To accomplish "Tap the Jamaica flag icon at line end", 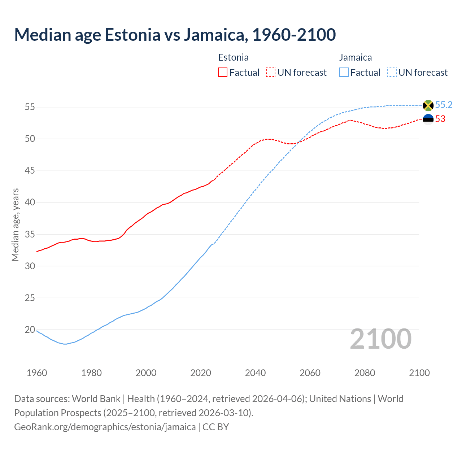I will (428, 105).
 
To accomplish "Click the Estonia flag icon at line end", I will (428, 119).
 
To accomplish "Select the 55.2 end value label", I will (444, 105).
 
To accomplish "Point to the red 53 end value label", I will (440, 119).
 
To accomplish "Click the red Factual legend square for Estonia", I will (223, 73).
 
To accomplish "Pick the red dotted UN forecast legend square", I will (271, 73).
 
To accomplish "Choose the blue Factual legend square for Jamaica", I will (344, 73).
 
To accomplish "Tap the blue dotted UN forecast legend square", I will (392, 73).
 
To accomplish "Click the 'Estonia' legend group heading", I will (233, 57).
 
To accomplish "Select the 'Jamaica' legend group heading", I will (356, 57).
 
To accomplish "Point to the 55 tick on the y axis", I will (30, 107).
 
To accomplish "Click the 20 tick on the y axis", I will (30, 330).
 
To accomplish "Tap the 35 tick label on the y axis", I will (30, 234).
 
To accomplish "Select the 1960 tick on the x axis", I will (37, 373).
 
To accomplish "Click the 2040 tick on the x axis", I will (255, 373).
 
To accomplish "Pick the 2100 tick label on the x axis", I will (419, 373).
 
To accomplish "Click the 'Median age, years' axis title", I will (15, 225).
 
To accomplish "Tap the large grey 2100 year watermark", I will (380, 339).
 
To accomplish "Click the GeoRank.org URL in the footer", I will (105, 427).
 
